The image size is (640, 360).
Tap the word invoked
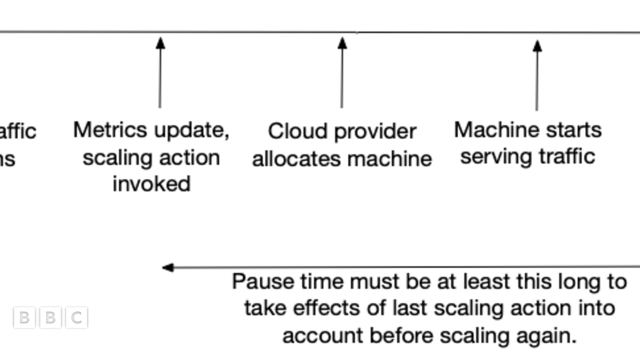point(151,183)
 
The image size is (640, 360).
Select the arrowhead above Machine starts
point(538,46)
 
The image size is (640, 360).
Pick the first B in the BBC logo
point(23,318)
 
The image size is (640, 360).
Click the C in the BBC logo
point(77,318)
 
